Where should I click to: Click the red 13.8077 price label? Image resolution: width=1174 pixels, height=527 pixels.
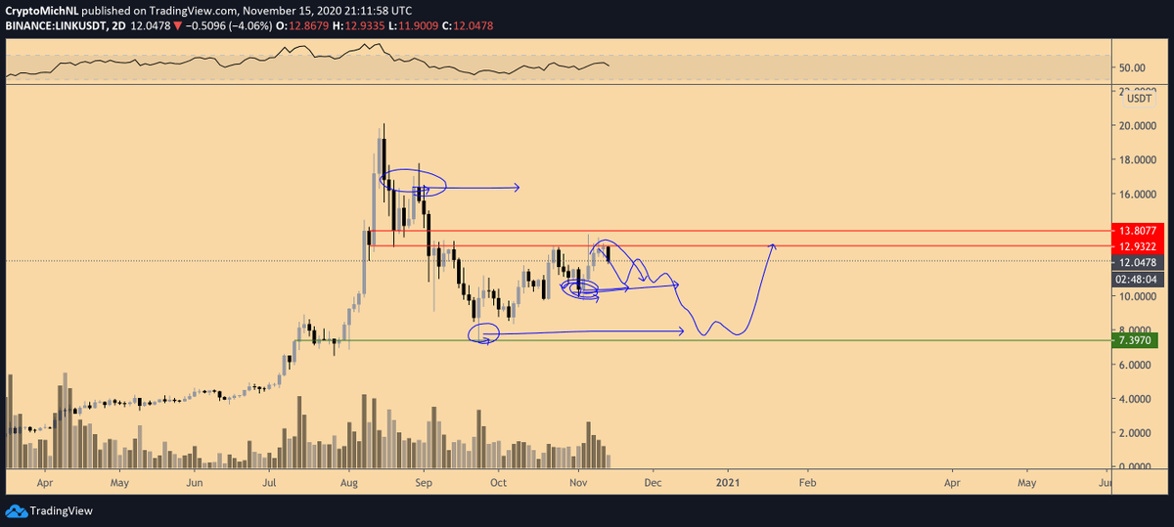pyautogui.click(x=1135, y=231)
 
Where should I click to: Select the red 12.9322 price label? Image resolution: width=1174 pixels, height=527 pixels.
pyautogui.click(x=1135, y=245)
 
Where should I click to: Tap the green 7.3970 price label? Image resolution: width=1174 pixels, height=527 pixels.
pyautogui.click(x=1135, y=340)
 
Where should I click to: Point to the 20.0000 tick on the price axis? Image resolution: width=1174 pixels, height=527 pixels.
pyautogui.click(x=1139, y=126)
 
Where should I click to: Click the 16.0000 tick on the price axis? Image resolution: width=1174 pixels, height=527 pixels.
pyautogui.click(x=1139, y=194)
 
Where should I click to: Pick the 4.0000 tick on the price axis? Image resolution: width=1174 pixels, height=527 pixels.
pyautogui.click(x=1139, y=399)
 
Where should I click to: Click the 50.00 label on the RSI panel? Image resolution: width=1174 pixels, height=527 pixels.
pyautogui.click(x=1132, y=67)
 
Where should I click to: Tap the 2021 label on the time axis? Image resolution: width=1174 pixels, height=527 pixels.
pyautogui.click(x=727, y=483)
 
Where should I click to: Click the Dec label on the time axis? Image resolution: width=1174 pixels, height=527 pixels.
pyautogui.click(x=653, y=483)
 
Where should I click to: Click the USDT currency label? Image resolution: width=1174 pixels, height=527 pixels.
pyautogui.click(x=1139, y=98)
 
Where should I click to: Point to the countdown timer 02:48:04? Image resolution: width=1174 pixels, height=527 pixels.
pyautogui.click(x=1135, y=279)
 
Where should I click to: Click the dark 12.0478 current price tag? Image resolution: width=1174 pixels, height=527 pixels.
pyautogui.click(x=1135, y=262)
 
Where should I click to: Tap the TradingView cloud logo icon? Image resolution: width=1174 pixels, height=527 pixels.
pyautogui.click(x=16, y=510)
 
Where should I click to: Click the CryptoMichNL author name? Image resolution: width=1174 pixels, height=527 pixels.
pyautogui.click(x=41, y=10)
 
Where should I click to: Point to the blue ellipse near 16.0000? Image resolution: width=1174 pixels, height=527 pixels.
pyautogui.click(x=415, y=182)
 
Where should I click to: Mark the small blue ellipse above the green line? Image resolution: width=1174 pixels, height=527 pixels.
pyautogui.click(x=485, y=334)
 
